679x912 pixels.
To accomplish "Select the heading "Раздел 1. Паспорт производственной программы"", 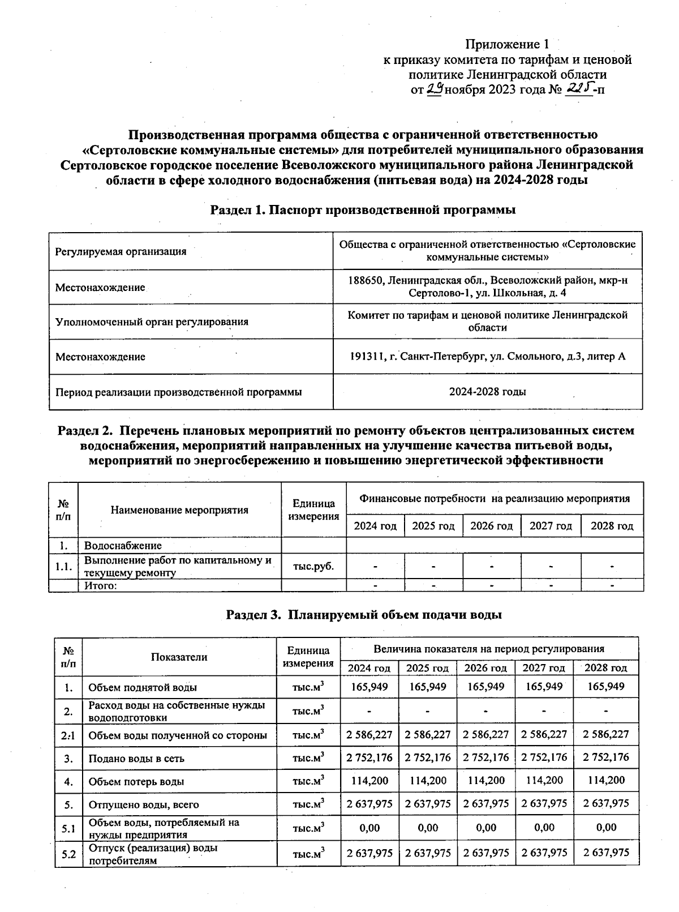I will (x=363, y=210).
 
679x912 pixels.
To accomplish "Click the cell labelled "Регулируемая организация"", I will (x=121, y=252).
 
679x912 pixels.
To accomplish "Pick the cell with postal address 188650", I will (x=487, y=286).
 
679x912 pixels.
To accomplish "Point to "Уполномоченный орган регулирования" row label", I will (x=152, y=322).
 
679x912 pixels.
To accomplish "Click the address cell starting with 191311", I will (x=487, y=357).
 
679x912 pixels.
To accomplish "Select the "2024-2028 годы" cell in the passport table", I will (x=487, y=392).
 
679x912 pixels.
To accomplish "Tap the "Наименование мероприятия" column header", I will (x=179, y=510).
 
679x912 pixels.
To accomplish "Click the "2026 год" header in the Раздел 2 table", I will (x=491, y=526).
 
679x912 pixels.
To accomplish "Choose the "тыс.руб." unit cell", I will (x=313, y=566).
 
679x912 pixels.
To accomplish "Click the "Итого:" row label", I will (x=101, y=585).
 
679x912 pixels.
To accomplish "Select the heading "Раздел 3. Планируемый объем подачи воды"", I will (x=364, y=615).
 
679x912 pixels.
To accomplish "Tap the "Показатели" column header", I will (x=179, y=657).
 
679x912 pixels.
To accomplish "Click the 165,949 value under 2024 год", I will (x=369, y=687).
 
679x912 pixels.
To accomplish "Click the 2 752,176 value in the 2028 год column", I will (x=605, y=757).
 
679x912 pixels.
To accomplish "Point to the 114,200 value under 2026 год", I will (x=486, y=781).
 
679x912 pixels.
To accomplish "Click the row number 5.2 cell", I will (x=68, y=854).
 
